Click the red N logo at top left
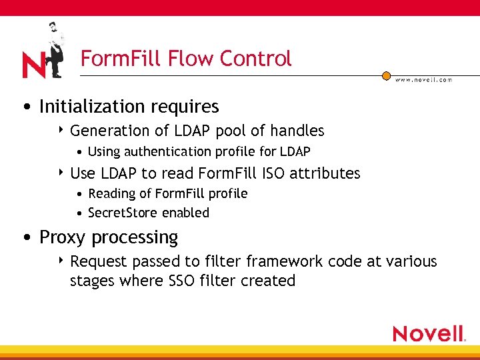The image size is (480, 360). [x=33, y=65]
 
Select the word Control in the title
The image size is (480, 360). [x=255, y=59]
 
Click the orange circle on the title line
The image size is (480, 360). [x=386, y=76]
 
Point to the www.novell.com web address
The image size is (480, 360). [x=423, y=79]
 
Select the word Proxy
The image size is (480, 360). [x=63, y=237]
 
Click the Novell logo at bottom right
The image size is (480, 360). [x=429, y=333]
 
